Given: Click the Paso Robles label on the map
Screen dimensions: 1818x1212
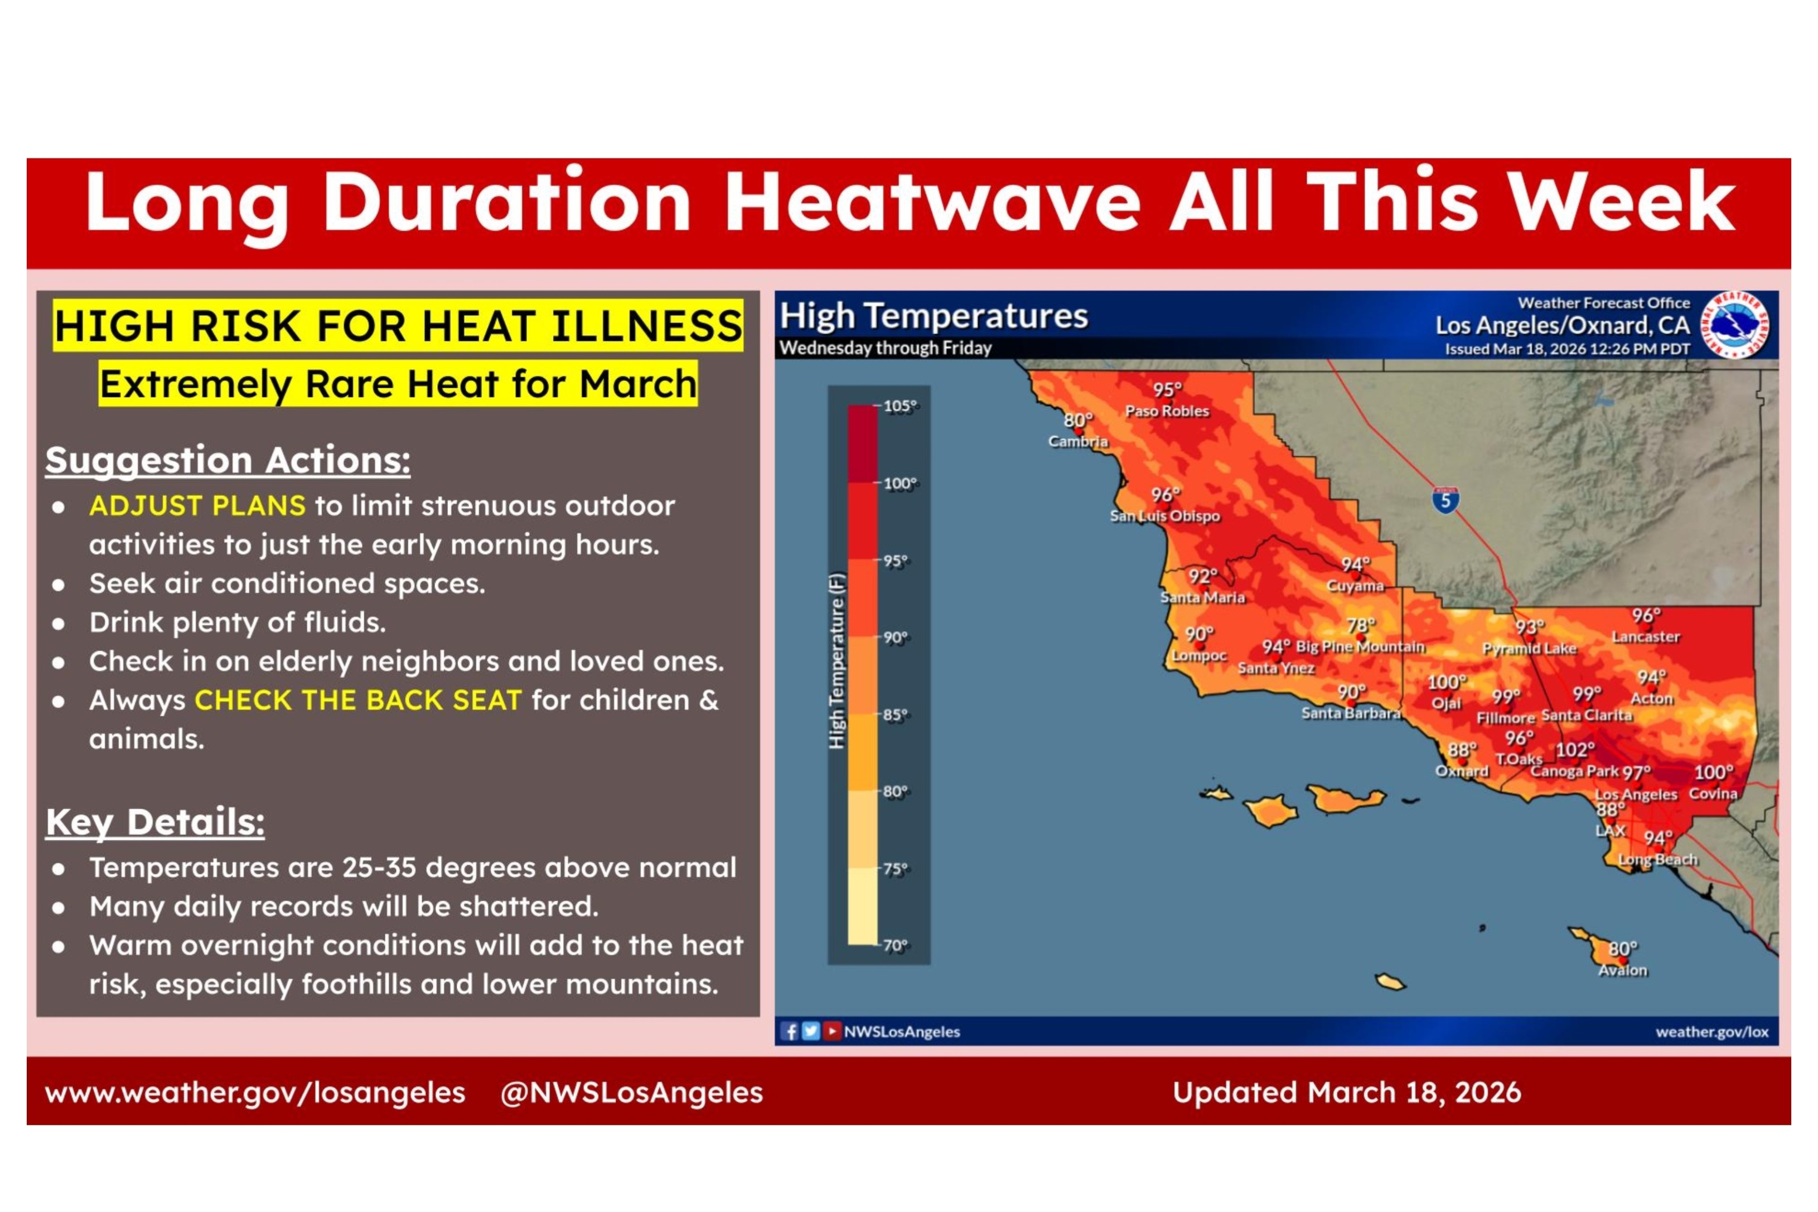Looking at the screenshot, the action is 1167,411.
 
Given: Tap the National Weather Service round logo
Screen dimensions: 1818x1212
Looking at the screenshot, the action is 1735,325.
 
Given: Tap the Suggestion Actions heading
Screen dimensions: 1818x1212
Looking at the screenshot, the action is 228,461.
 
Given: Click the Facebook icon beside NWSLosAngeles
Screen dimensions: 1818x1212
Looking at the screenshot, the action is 789,1031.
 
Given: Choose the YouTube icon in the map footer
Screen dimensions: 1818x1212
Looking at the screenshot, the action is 831,1031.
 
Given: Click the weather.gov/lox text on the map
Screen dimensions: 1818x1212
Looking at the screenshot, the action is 1711,1032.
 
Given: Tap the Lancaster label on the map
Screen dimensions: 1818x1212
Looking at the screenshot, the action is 1646,637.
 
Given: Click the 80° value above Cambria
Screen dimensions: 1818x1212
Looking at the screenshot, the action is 1078,420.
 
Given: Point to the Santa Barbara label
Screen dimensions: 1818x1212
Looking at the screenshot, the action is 1351,713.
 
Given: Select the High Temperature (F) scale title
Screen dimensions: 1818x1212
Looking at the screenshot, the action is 836,661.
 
